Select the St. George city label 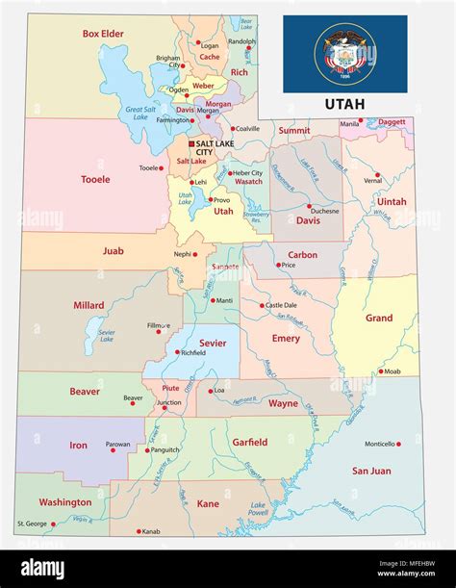[x=29, y=524]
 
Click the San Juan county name [x=370, y=471]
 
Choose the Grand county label [x=378, y=318]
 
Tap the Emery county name [x=286, y=339]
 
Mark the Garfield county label [x=249, y=443]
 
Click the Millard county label [x=89, y=305]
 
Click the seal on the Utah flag [x=344, y=53]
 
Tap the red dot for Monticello [x=398, y=445]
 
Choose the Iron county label [x=79, y=446]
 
